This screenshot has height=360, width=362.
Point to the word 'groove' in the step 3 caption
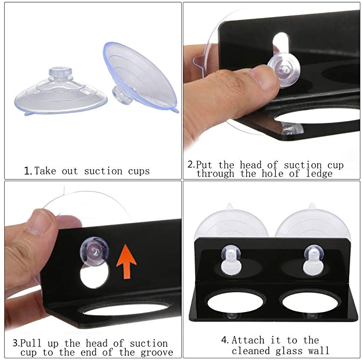point(157,353)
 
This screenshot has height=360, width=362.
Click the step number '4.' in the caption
point(225,340)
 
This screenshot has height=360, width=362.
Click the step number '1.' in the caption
point(28,171)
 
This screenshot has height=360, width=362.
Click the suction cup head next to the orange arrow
point(94,251)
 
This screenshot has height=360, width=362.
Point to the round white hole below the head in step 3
point(94,276)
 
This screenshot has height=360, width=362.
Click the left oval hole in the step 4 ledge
point(235,302)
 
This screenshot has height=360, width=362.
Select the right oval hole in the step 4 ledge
point(311,302)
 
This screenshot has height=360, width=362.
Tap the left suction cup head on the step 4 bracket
point(231,260)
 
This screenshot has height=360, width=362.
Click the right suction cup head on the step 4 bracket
point(313,260)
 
